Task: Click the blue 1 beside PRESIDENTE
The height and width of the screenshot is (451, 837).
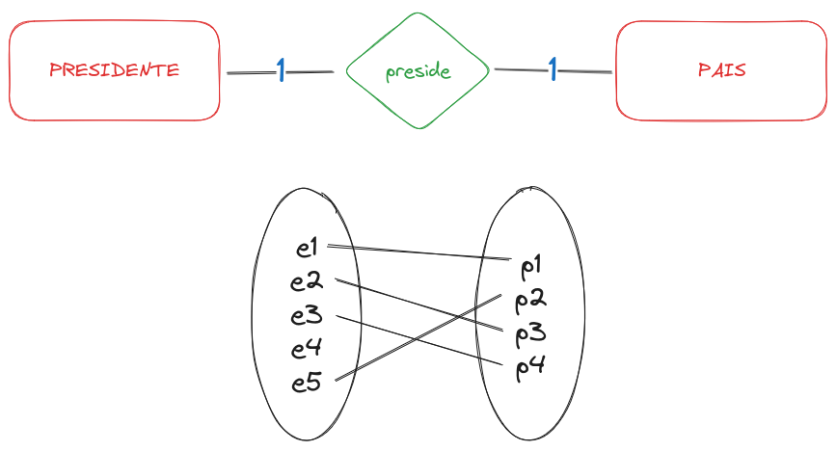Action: [x=281, y=69]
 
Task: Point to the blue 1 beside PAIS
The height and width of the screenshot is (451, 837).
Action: [x=553, y=69]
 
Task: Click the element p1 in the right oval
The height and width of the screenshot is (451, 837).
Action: [x=531, y=265]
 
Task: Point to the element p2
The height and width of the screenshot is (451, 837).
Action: [x=531, y=301]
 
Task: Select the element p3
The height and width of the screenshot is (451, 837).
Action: [x=531, y=334]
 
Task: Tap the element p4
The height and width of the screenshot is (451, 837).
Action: [x=531, y=367]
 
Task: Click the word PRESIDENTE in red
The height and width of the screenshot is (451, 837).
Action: [x=114, y=70]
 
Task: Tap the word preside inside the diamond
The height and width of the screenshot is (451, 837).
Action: [x=418, y=72]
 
